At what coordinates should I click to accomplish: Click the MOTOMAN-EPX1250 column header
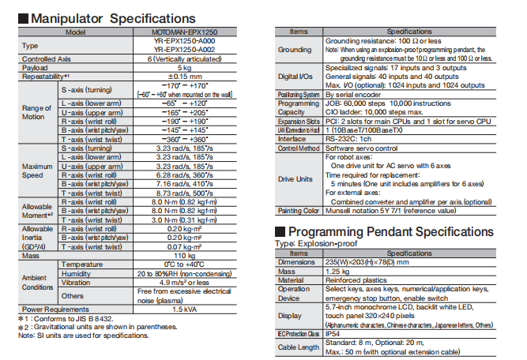click(x=184, y=32)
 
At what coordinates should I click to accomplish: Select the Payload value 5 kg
click(x=184, y=68)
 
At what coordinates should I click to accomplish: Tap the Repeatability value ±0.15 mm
click(x=184, y=77)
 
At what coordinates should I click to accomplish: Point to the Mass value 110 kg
click(x=184, y=255)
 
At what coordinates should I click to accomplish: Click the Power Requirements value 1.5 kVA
click(x=184, y=308)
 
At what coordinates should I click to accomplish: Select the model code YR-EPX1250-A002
click(x=184, y=50)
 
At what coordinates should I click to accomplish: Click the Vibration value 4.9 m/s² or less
click(x=184, y=281)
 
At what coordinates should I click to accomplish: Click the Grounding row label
click(x=295, y=50)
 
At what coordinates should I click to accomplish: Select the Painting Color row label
click(x=295, y=211)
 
